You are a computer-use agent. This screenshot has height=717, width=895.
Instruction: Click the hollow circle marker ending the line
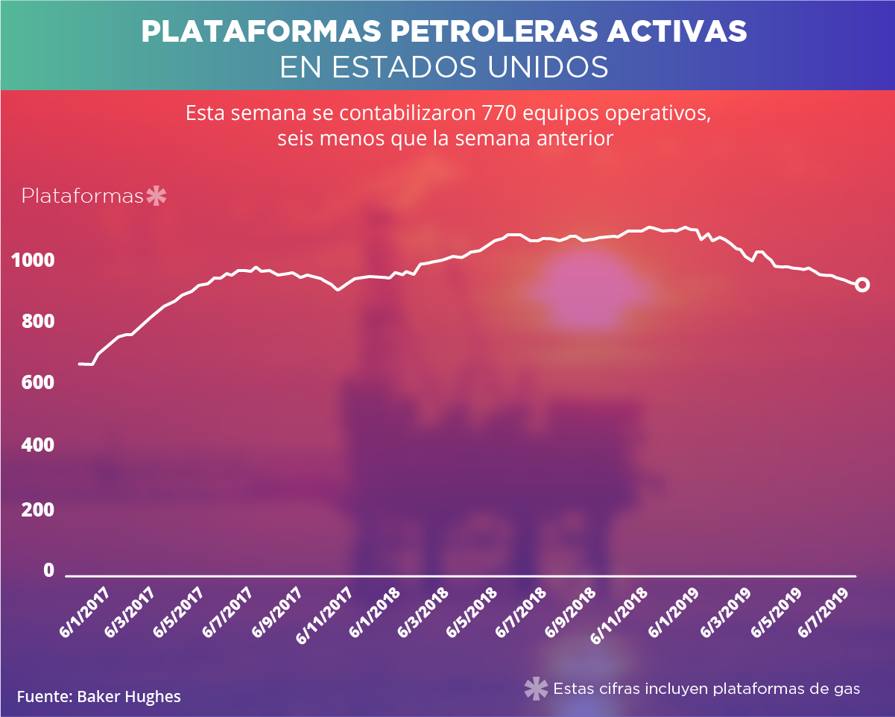(862, 285)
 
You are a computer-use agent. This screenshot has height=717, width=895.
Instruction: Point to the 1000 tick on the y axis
(33, 261)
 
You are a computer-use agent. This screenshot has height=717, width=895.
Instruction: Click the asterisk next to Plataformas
(156, 197)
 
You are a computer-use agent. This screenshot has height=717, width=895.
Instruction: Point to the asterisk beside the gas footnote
(535, 689)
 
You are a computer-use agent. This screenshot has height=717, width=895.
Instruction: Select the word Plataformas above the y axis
(82, 197)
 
